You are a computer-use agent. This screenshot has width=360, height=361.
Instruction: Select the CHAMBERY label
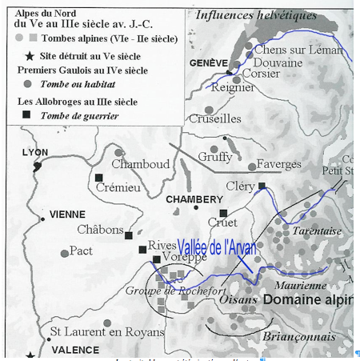[x=194, y=199]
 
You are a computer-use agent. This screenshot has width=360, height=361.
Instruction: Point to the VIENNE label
[x=66, y=215]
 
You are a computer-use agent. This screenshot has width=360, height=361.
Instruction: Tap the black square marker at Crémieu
[x=99, y=178]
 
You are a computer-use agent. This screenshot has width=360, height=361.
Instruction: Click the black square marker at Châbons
[x=128, y=235]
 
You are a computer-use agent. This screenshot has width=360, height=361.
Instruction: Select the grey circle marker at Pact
[x=65, y=254]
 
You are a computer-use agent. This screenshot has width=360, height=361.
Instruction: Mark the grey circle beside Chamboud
[x=119, y=152]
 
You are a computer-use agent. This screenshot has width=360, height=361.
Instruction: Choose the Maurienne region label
[x=299, y=284]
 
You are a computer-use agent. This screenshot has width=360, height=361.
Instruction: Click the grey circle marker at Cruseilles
[x=209, y=110]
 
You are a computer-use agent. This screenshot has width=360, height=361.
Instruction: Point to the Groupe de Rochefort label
[x=165, y=290]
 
